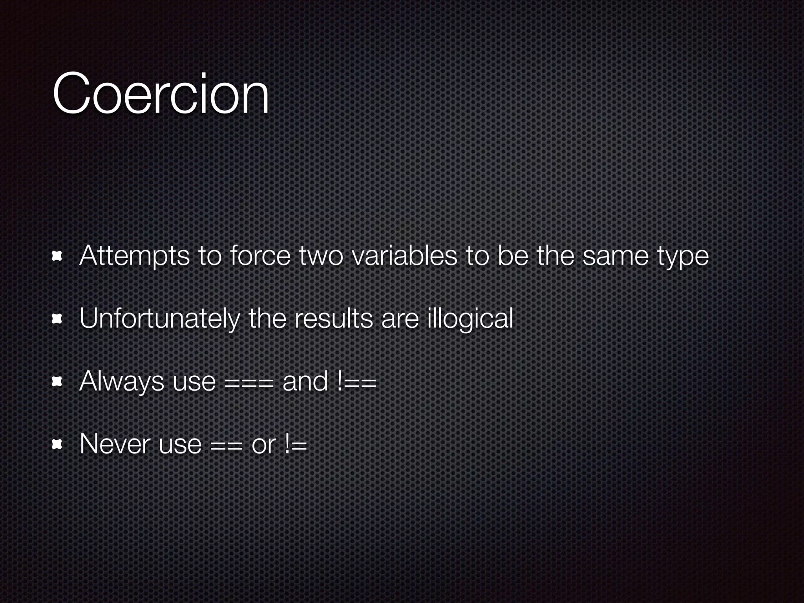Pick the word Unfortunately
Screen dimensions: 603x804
(159, 319)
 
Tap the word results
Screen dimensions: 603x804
(333, 319)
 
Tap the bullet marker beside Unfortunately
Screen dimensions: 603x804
(57, 320)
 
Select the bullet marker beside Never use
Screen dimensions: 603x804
(57, 445)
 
